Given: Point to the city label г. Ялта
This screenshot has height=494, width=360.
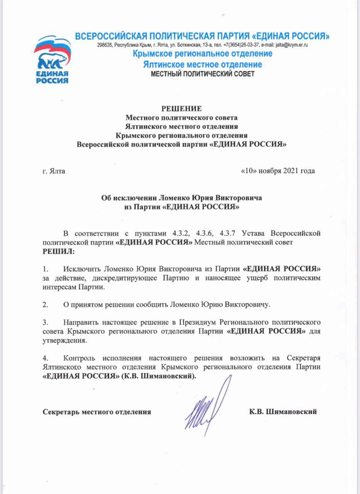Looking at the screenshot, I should [54, 171].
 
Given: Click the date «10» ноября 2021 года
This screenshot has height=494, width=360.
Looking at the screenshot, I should [278, 171].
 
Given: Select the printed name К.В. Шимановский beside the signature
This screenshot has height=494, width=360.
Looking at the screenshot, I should [283, 412].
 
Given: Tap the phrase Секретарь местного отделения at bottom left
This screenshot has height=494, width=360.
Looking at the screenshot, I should [96, 412].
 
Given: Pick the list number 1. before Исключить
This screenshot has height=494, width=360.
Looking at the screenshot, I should [46, 268].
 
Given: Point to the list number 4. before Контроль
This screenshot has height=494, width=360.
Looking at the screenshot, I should [46, 359].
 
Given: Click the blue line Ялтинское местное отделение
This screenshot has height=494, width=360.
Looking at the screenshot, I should [202, 64].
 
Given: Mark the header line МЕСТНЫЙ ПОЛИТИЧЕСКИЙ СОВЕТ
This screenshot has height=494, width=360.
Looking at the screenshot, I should [202, 74].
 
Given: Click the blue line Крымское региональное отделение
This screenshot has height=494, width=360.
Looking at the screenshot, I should [202, 54].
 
